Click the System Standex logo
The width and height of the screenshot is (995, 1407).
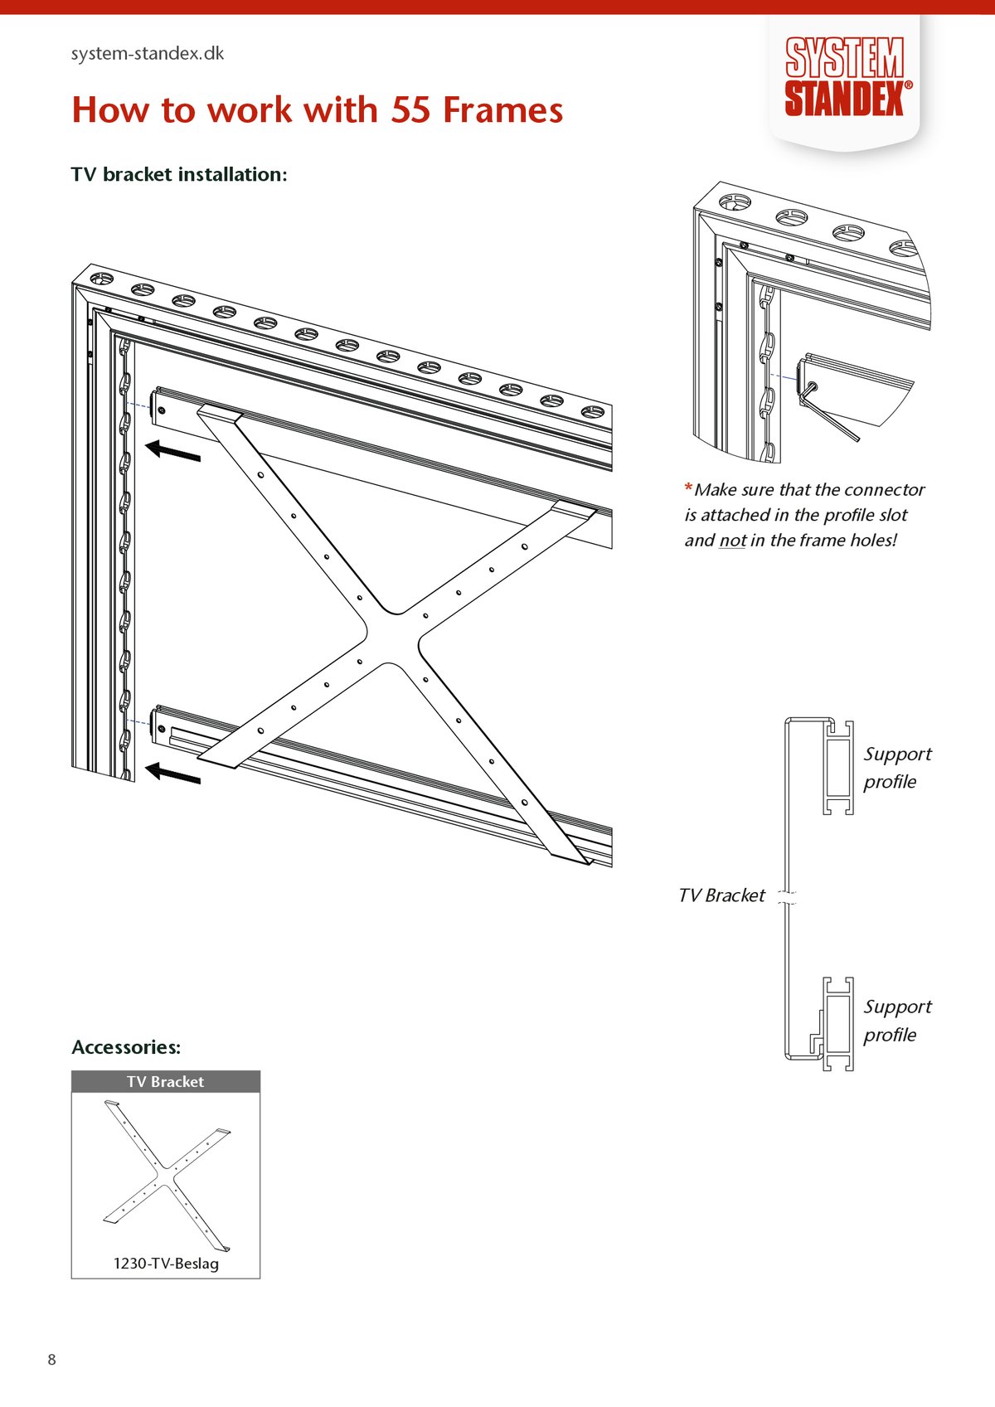coord(845,77)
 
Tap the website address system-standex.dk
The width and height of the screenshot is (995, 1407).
coord(148,54)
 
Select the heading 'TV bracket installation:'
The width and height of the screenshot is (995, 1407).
coord(179,175)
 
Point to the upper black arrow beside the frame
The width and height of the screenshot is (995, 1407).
coord(173,451)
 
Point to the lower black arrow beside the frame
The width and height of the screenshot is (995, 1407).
coord(173,774)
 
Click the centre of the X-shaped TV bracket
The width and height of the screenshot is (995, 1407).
coord(392,638)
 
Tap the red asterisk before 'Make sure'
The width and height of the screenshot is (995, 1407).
coord(688,488)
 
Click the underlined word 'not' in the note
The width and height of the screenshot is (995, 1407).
coord(732,541)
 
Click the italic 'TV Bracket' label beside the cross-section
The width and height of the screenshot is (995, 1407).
coord(721,895)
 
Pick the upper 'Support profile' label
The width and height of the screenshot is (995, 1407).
coord(897,768)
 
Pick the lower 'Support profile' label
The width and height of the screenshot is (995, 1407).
coord(897,1021)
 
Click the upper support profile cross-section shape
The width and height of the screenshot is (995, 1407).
coord(838,767)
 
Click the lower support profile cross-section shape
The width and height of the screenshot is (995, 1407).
coord(838,1024)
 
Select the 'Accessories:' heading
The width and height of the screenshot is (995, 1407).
coord(126,1047)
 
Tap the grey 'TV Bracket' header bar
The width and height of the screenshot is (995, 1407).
coord(166,1081)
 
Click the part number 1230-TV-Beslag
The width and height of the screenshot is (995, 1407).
coord(166,1264)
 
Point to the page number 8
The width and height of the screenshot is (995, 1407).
coord(52,1360)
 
